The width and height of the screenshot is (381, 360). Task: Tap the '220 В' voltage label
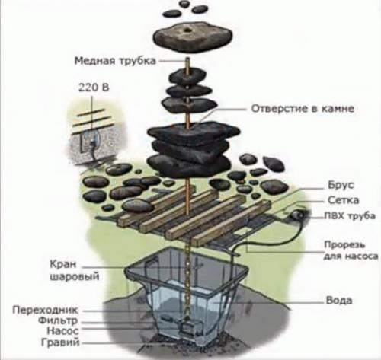tap(89, 87)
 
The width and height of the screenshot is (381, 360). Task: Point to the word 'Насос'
tap(64, 333)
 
